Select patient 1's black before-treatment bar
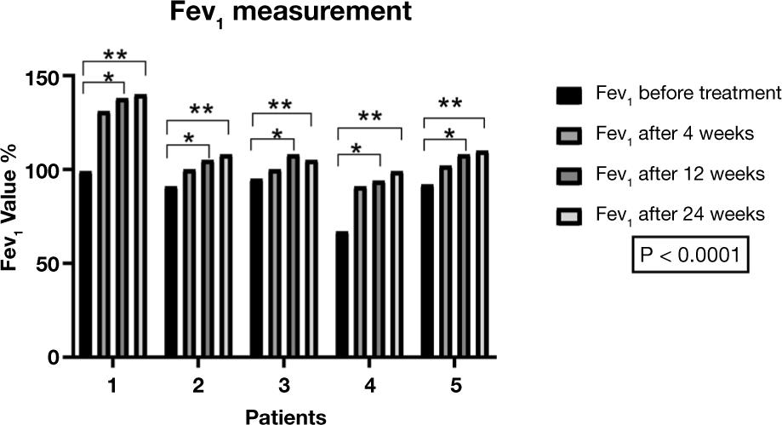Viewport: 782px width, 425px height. tap(85, 264)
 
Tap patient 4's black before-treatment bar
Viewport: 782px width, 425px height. tap(341, 294)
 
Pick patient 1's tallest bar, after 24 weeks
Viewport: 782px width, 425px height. tap(140, 226)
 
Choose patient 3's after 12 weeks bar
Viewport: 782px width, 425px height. tap(292, 256)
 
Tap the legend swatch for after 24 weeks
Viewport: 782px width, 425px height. tap(568, 212)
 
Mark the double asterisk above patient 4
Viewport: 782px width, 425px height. tap(369, 117)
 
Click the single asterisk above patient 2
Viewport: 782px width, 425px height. tap(187, 139)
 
